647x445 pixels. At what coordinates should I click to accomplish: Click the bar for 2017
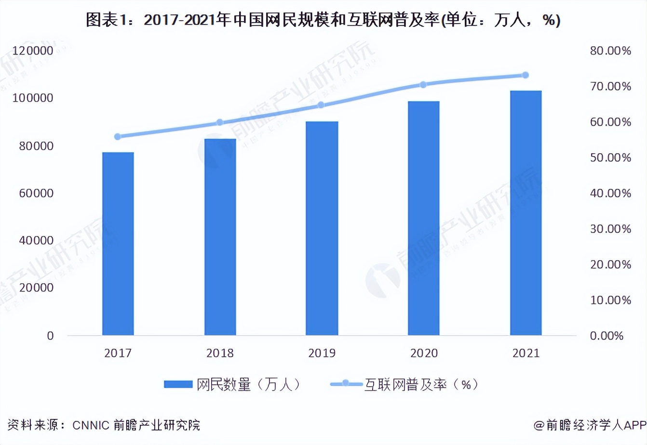(118, 244)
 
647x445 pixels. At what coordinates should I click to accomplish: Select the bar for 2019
(322, 228)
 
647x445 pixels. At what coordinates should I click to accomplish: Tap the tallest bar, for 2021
(526, 213)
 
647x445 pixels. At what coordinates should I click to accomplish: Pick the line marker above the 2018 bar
(220, 122)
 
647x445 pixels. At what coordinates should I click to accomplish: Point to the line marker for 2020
(423, 85)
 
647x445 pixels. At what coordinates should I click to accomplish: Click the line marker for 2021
(526, 75)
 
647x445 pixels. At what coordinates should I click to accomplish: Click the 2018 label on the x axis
(220, 353)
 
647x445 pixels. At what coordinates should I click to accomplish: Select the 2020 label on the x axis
(424, 353)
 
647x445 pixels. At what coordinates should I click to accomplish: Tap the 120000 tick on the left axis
(33, 51)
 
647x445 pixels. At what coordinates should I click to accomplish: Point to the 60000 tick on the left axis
(36, 193)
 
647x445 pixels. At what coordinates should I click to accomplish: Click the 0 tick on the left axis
(50, 336)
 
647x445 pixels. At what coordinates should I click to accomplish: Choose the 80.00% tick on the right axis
(610, 51)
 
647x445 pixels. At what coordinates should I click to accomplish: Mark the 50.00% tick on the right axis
(610, 157)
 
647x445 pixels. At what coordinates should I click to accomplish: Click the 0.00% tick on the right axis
(607, 336)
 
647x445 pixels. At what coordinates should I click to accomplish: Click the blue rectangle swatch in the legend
(178, 384)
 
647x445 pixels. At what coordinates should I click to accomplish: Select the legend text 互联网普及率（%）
(421, 384)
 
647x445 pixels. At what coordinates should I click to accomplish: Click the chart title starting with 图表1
(323, 20)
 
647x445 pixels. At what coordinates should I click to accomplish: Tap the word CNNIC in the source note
(91, 425)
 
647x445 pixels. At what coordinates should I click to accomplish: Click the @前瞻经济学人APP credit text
(589, 425)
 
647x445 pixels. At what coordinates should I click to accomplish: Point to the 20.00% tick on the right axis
(610, 264)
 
